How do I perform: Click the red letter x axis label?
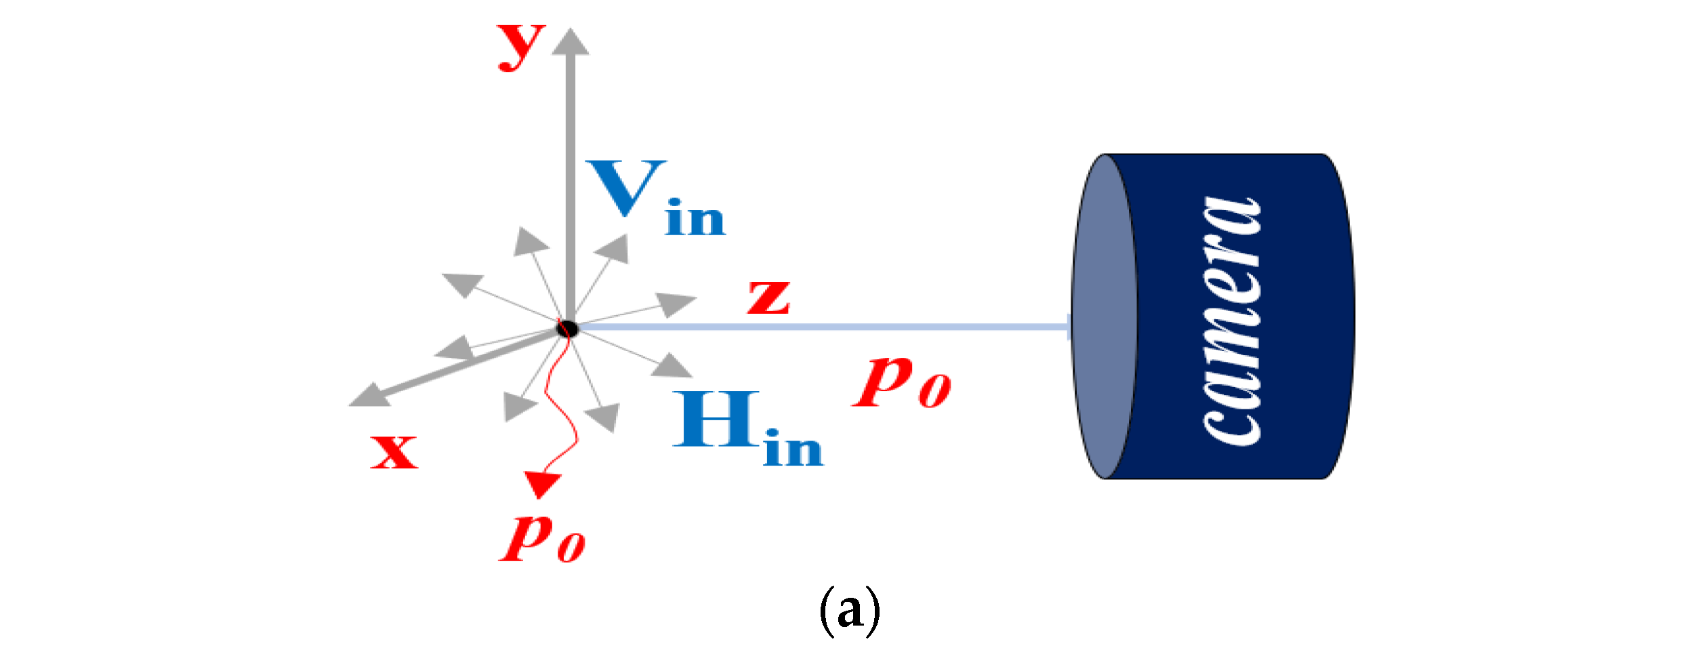point(394,451)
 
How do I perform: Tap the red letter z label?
point(768,298)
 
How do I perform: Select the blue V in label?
point(653,198)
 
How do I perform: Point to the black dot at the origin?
point(567,329)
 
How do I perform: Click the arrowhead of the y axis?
point(570,42)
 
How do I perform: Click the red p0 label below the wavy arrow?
point(541,538)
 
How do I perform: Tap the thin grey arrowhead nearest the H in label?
point(672,366)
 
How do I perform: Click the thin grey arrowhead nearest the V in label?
point(613,249)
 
